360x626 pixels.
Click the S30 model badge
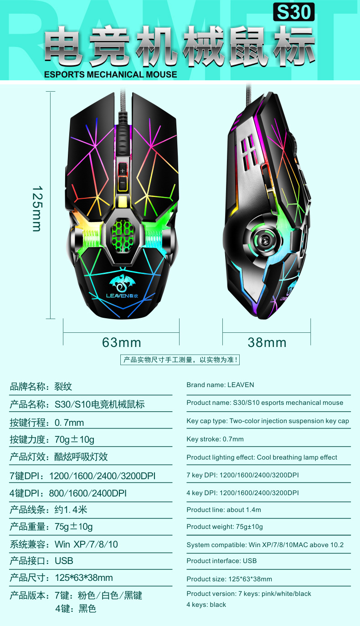(294, 12)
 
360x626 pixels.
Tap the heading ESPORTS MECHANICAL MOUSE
(110, 74)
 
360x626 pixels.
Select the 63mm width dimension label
(121, 342)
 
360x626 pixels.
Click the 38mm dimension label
(267, 342)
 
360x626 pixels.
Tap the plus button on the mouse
(122, 170)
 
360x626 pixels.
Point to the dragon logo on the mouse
(122, 283)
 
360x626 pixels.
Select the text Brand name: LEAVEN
(220, 385)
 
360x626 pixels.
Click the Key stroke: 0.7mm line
(215, 439)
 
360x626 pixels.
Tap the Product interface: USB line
(221, 561)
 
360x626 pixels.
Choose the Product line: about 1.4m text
(224, 510)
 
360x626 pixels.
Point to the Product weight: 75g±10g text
(225, 527)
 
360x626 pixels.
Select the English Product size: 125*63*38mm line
(229, 579)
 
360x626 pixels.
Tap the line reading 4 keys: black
(206, 605)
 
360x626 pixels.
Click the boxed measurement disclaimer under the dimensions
(180, 360)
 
